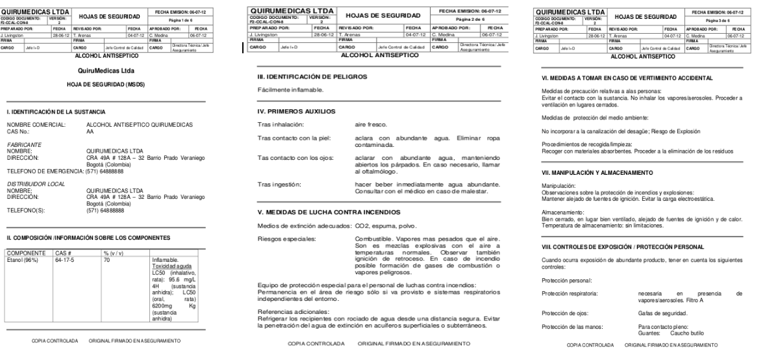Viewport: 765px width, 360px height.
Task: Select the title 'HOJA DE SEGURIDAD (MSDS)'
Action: pyautogui.click(x=106, y=85)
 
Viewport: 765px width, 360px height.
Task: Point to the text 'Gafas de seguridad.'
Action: pyautogui.click(x=661, y=313)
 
